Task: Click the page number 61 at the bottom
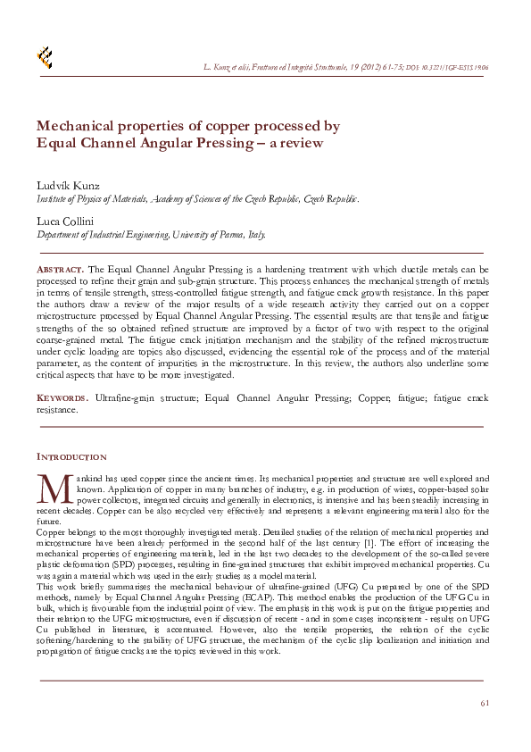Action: click(485, 703)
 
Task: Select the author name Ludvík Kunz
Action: click(68, 185)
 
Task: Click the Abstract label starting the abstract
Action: click(61, 269)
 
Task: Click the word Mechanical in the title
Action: click(77, 126)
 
